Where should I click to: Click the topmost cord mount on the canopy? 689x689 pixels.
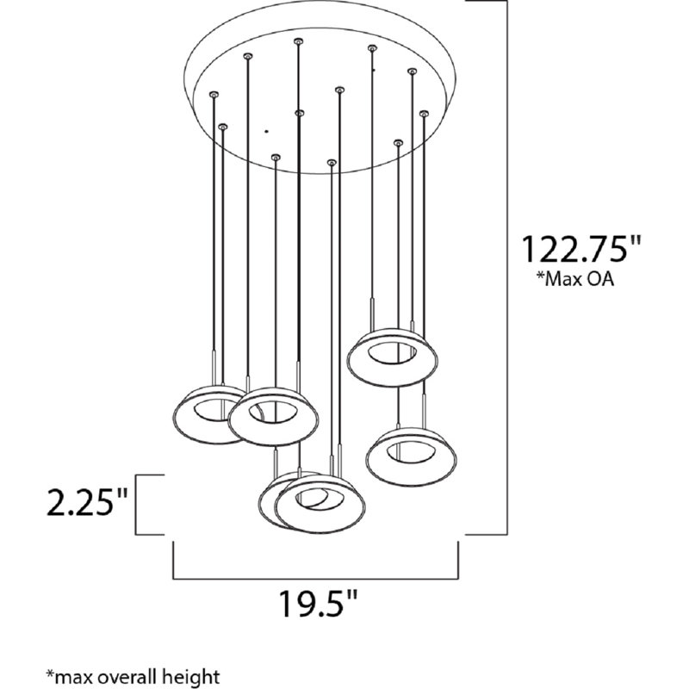[298, 40]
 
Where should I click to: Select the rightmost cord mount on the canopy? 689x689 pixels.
[423, 112]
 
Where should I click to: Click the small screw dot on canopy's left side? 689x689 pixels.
[266, 131]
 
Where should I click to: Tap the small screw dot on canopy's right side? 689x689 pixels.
[374, 68]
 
